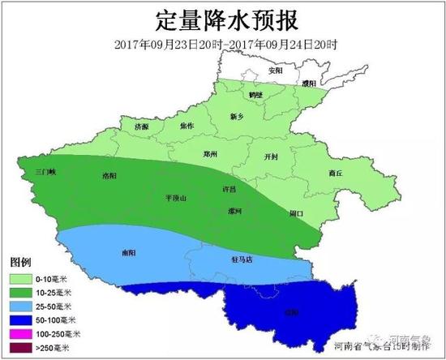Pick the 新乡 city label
click(237, 117)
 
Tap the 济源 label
click(142, 127)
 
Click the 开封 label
click(272, 157)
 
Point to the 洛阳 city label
click(109, 176)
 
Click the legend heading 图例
click(19, 264)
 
